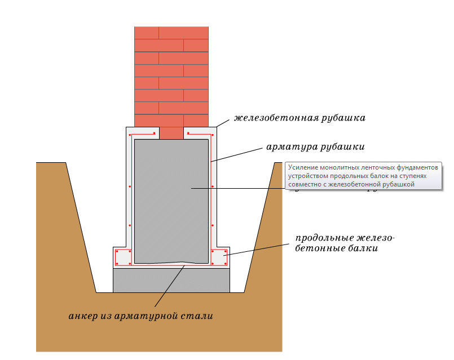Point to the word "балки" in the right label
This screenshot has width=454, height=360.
[x=364, y=248]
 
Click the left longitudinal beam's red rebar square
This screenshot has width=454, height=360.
[x=124, y=257]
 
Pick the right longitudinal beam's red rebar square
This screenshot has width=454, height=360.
[x=219, y=257]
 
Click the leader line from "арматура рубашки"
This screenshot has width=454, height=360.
[x=237, y=155]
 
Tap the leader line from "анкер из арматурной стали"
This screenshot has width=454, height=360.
[x=169, y=287]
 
